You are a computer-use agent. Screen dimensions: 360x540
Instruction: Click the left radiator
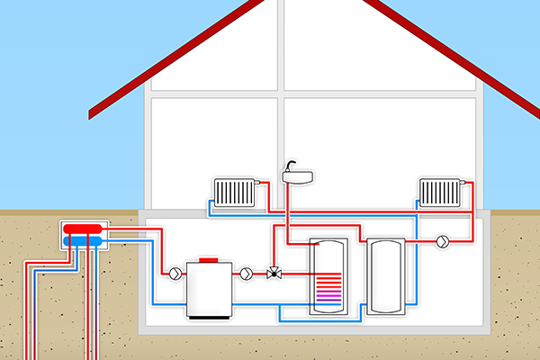point(236,192)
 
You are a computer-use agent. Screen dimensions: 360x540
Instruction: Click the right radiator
point(440,192)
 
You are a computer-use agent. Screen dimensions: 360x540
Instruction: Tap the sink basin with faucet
point(298,178)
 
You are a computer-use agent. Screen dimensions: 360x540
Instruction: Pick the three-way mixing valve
point(273,272)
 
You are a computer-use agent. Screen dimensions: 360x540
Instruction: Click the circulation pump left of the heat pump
point(174,272)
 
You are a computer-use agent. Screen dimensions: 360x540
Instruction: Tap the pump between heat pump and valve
point(246,272)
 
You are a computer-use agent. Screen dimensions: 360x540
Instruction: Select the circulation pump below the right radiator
point(443,242)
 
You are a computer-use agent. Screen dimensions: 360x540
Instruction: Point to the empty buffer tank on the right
point(388,275)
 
